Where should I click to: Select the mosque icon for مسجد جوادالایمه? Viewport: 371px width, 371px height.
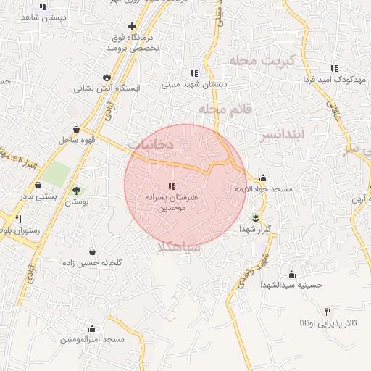263,178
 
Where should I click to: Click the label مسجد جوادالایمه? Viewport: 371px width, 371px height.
263,189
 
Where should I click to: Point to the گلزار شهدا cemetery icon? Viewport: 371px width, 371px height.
255,217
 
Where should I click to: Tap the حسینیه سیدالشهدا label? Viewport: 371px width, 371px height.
291,285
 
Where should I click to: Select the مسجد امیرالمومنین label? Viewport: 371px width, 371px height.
93,339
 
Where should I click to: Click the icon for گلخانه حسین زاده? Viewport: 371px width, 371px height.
93,251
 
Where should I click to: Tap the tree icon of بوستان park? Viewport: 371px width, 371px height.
76,191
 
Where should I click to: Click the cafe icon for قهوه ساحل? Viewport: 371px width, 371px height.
76,129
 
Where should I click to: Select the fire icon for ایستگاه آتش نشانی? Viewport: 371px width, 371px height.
107,76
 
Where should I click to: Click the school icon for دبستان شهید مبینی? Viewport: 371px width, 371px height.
194,73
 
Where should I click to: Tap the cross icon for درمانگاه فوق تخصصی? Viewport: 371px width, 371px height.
132,27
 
